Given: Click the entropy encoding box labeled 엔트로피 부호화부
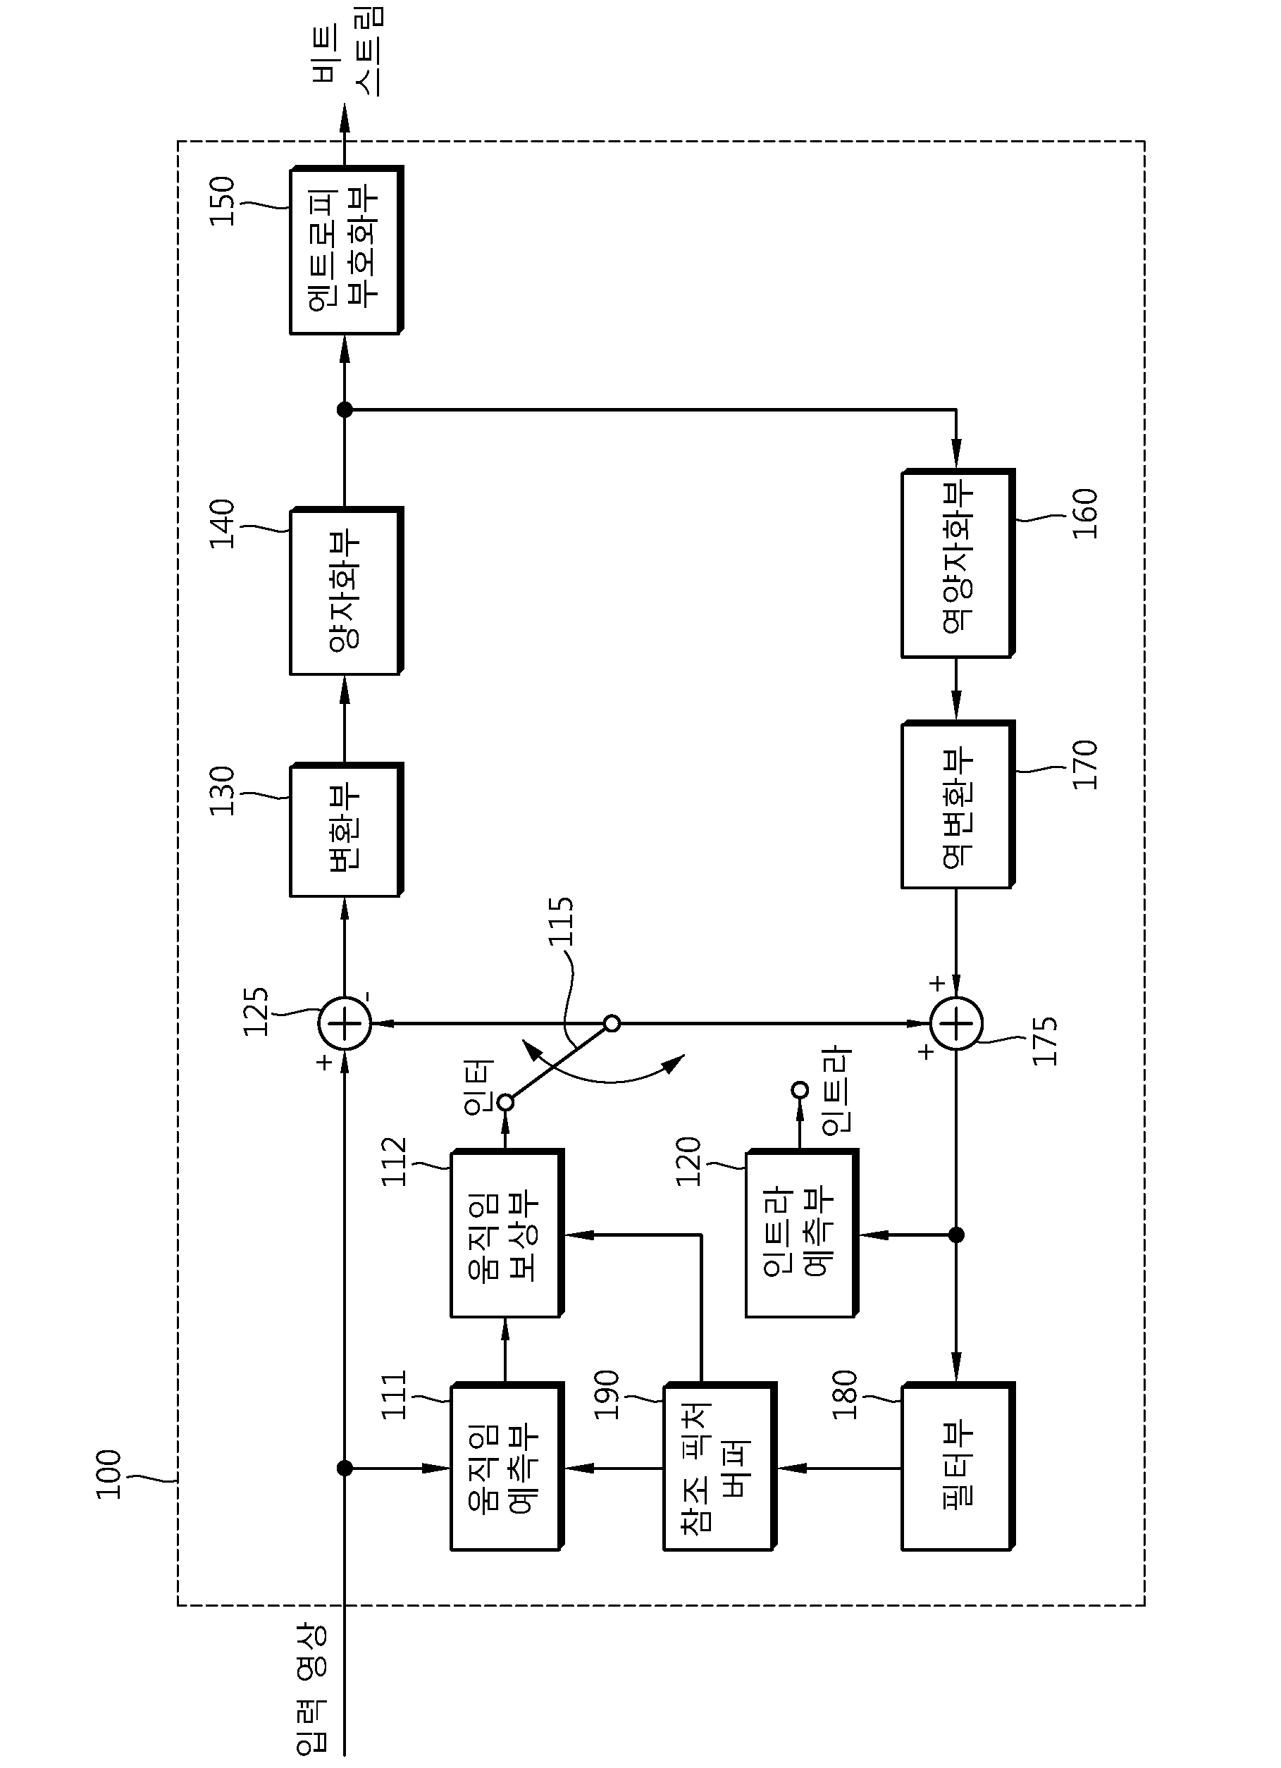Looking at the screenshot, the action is tap(346, 250).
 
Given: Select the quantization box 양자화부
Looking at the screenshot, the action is tap(346, 591).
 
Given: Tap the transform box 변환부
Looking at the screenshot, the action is tap(346, 830).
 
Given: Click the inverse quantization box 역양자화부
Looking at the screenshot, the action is tap(958, 563).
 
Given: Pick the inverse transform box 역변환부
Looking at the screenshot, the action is tap(958, 805).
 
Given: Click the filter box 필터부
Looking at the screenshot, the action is tap(958, 1467).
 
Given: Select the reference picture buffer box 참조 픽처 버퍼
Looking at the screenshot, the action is tap(719, 1467).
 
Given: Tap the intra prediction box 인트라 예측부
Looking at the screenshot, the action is tap(800, 1233).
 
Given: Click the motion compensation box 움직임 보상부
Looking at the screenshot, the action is tap(506, 1233).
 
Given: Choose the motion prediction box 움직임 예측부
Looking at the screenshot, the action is tap(506, 1467).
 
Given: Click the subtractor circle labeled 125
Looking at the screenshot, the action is tap(345, 1024).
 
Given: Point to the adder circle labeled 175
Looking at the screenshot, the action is tap(957, 1024).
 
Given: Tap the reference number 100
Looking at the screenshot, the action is tap(109, 1474).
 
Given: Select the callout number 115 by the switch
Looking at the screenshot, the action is tap(561, 922).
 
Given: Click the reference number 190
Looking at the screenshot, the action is tap(606, 1395).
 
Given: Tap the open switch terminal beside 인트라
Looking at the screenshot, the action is tap(799, 1089).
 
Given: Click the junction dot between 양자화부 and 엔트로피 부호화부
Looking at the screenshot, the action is tap(345, 409).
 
